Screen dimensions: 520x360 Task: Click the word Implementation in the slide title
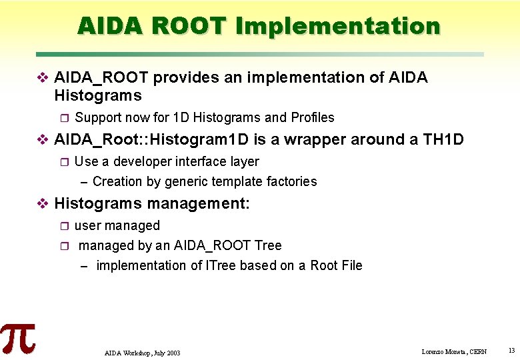[x=337, y=26]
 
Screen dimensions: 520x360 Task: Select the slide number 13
[x=511, y=351]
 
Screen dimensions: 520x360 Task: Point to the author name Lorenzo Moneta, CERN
[x=454, y=351]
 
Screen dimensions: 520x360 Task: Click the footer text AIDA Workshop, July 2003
[x=142, y=352]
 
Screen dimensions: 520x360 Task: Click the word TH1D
[x=443, y=139]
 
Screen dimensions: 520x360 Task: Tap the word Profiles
[x=313, y=117]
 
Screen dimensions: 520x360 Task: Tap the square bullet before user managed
[x=64, y=226]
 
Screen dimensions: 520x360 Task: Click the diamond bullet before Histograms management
[x=42, y=203]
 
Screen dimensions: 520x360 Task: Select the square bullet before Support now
[x=64, y=118]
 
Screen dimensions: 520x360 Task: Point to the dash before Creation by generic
[x=84, y=181]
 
